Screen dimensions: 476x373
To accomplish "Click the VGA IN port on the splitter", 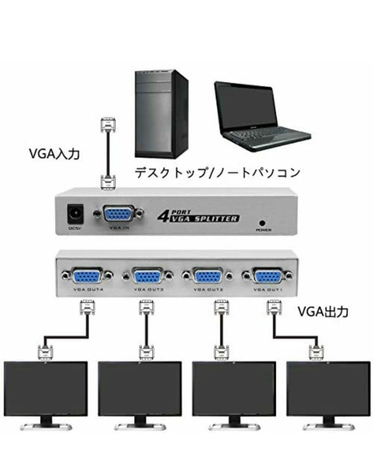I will pos(118,215).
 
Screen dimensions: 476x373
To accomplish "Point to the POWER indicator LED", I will pos(264,223).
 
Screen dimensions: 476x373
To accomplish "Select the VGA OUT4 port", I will pos(87,277).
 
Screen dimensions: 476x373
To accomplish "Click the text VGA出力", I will pos(323,312).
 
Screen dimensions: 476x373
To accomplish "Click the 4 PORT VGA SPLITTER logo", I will pos(198,216).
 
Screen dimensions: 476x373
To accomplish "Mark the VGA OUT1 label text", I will pos(267,290).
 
